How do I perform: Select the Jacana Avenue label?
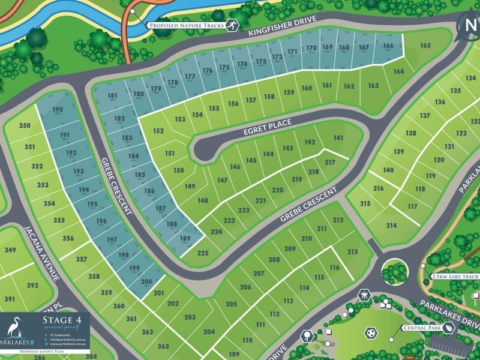[44, 252]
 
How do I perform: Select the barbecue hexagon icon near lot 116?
[364, 295]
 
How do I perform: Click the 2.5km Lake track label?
[455, 277]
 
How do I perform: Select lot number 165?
[425, 46]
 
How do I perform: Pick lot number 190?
[58, 109]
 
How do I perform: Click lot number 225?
[202, 254]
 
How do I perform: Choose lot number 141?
[338, 139]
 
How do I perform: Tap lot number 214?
[391, 226]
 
